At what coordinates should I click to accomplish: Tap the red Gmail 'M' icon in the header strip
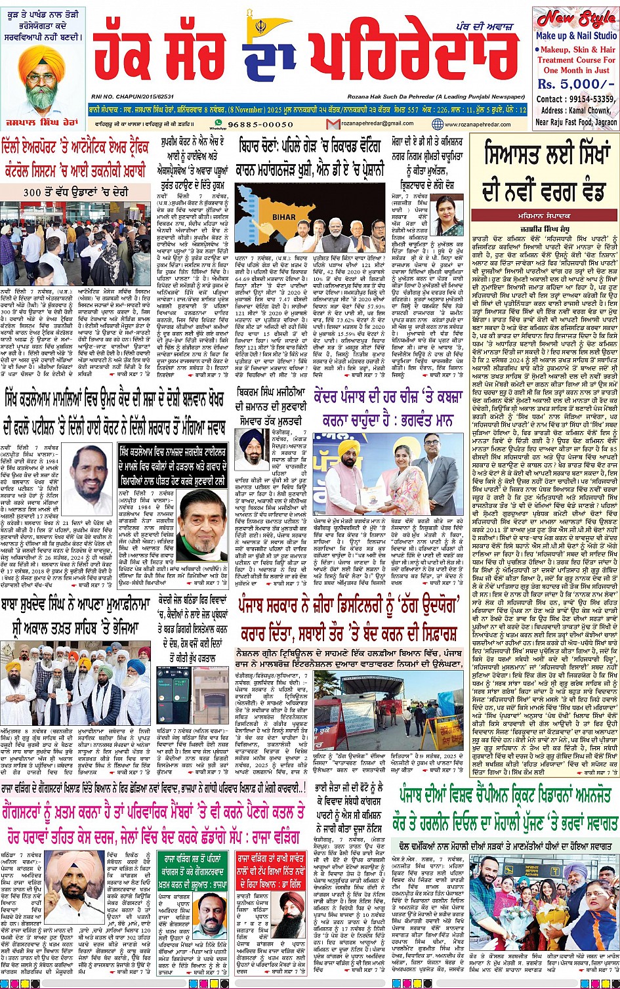pos(333,124)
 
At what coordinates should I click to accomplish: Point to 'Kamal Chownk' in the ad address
pos(590,110)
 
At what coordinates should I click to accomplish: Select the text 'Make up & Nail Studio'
pos(575,36)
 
